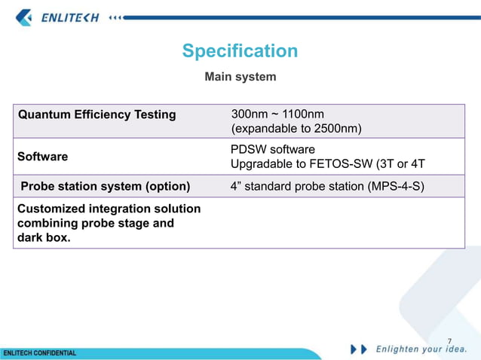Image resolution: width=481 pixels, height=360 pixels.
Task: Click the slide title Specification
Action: point(240,51)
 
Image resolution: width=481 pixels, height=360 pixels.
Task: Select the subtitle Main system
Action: point(240,77)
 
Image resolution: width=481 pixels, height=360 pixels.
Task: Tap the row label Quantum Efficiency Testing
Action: point(97,115)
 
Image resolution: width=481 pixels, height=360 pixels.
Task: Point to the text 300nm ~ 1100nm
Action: point(274,114)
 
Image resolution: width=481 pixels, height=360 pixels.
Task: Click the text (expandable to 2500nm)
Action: point(296,129)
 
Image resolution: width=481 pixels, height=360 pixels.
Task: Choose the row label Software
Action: point(42,157)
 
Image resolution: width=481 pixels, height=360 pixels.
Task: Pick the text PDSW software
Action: point(272,149)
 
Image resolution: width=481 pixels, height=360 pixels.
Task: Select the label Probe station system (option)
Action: point(105,186)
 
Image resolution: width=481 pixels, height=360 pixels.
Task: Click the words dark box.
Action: point(44,238)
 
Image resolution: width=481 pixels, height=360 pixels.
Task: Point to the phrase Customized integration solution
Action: point(109,209)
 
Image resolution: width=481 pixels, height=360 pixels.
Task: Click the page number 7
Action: point(450,341)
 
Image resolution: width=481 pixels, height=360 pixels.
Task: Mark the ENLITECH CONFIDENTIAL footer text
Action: point(40,352)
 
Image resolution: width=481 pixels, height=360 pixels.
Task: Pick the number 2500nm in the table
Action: point(333,129)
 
